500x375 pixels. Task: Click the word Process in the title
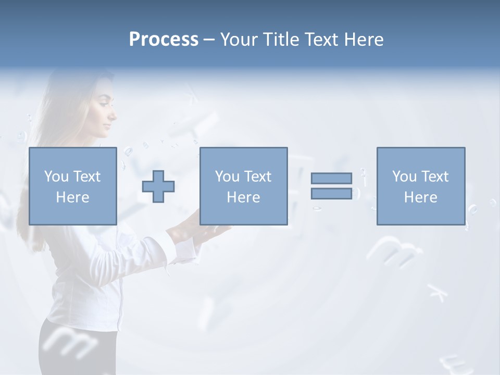click(x=164, y=40)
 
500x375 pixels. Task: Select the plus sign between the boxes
click(x=158, y=186)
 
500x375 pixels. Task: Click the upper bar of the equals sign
click(x=331, y=178)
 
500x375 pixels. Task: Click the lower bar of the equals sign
click(x=331, y=193)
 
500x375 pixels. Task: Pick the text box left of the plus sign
click(x=72, y=186)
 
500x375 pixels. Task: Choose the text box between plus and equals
click(x=243, y=186)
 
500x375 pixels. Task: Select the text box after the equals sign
click(x=420, y=186)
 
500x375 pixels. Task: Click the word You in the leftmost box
click(x=56, y=177)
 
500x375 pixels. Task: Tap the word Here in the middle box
click(x=243, y=197)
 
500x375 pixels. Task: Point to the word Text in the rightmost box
click(x=434, y=177)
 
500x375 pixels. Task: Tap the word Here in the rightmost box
click(x=420, y=197)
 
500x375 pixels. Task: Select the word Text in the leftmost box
click(x=86, y=177)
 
